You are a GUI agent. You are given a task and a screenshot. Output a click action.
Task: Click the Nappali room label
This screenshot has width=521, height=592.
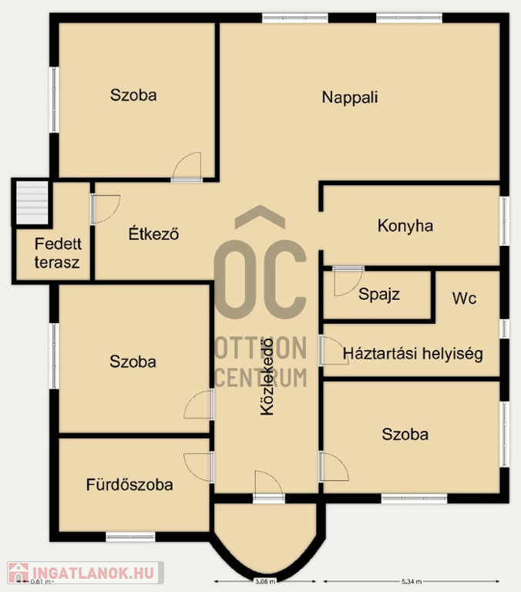(x=350, y=97)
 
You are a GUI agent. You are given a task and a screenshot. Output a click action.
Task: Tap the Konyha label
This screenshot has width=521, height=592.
(x=405, y=226)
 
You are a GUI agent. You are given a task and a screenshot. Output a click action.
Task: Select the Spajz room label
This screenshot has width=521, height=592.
(x=379, y=294)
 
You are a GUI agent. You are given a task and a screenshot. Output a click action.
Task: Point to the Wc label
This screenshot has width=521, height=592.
(x=464, y=298)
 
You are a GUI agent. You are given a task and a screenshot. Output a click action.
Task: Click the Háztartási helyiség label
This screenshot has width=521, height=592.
(x=412, y=354)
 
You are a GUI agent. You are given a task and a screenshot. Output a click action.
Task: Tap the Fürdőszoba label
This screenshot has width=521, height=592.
(x=129, y=485)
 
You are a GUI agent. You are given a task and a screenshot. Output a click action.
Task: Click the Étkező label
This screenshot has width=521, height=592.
(x=153, y=234)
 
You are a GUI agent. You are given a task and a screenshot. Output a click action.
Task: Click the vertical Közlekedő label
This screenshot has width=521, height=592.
(x=267, y=376)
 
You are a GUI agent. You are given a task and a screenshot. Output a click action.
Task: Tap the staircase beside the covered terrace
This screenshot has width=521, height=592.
(x=32, y=203)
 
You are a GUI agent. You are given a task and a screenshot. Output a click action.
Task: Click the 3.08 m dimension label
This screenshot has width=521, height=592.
(x=265, y=581)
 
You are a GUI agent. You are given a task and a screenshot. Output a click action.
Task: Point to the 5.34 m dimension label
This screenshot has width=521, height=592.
(x=411, y=581)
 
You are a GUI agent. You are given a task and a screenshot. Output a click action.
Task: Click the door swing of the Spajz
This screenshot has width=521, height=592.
(x=348, y=281)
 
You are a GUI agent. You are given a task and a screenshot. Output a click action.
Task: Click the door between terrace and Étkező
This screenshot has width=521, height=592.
(x=105, y=209)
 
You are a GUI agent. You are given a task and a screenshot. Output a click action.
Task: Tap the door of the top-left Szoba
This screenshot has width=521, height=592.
(x=187, y=166)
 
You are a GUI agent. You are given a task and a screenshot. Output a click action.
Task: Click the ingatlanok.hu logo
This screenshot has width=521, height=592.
(x=86, y=573)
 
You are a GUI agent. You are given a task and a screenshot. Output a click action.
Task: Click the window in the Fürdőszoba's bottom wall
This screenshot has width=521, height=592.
(x=130, y=536)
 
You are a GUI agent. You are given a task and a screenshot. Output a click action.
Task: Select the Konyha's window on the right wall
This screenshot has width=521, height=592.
(x=504, y=221)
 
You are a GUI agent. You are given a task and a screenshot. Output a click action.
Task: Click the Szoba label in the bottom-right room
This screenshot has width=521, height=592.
(x=405, y=435)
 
